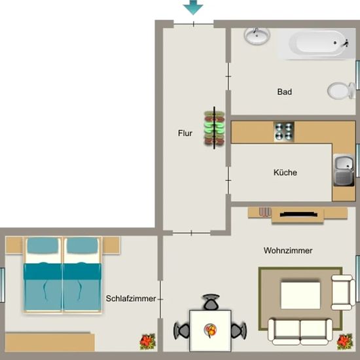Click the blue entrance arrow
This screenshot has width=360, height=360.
click(193, 7)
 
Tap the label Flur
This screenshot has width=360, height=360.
click(185, 133)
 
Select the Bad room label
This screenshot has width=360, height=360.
click(285, 92)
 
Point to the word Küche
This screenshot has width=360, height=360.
click(285, 172)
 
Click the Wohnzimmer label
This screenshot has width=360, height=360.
click(288, 251)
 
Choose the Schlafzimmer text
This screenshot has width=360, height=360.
click(131, 298)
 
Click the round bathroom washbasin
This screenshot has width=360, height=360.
click(257, 36)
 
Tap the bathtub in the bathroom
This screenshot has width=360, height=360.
click(317, 43)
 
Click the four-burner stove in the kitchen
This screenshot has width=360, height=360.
click(284, 132)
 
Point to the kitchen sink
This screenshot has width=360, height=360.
click(344, 170)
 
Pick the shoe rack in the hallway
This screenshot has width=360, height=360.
click(214, 128)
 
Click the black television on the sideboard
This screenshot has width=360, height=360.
click(298, 215)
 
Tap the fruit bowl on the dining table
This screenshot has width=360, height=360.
click(210, 330)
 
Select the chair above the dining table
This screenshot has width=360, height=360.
click(211, 302)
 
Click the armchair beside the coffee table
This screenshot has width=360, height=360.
click(343, 293)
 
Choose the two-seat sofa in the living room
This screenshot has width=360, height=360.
click(300, 332)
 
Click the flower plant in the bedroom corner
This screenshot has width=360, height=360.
click(148, 342)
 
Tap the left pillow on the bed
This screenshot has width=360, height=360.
click(43, 245)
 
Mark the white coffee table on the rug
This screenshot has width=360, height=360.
click(300, 295)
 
